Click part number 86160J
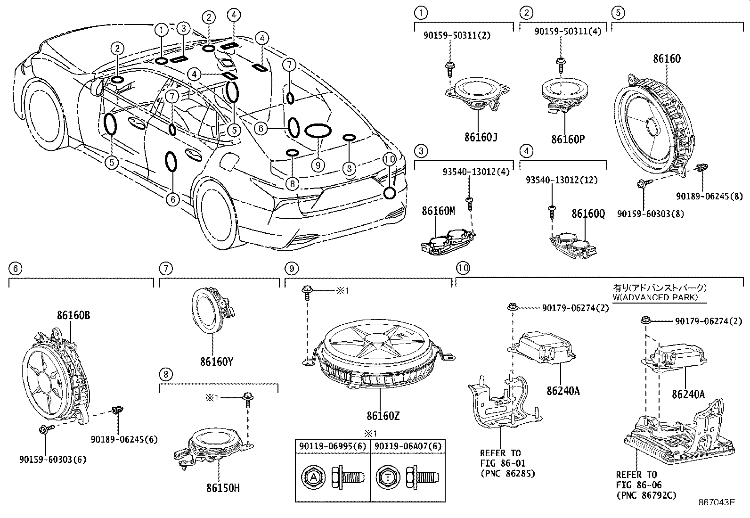tap(481, 137)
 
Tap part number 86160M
tap(438, 211)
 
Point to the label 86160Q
tap(588, 214)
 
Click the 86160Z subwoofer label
tap(383, 416)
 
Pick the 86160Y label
tap(217, 362)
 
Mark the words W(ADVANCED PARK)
tap(654, 297)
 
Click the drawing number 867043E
tap(717, 502)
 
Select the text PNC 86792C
tap(646, 495)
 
